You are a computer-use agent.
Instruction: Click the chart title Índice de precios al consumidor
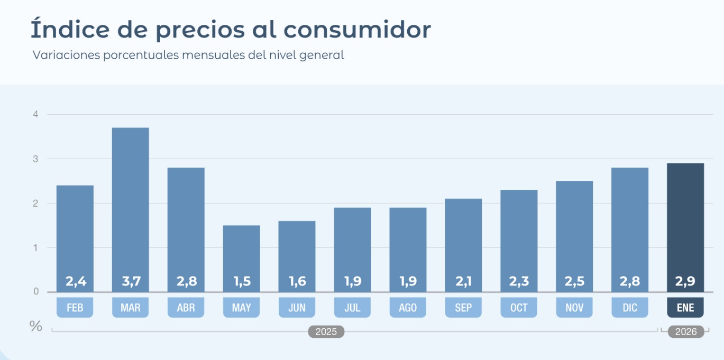[x=231, y=30]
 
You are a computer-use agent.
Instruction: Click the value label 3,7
[x=131, y=282]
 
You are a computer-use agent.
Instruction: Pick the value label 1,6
[x=297, y=282]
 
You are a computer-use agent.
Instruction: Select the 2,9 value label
[x=685, y=282]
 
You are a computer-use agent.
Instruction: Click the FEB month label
[x=75, y=308]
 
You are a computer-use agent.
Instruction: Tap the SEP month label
[x=463, y=308]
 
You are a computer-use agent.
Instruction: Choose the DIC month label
[x=630, y=308]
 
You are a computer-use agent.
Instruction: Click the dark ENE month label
[x=685, y=308]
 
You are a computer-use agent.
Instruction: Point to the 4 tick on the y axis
[x=35, y=114]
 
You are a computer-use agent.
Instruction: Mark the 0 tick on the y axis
[x=35, y=292]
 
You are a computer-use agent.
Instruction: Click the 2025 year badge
[x=326, y=332]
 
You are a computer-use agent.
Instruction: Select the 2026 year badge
[x=686, y=332]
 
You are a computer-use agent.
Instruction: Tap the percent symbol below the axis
[x=35, y=326]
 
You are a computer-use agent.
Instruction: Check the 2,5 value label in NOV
[x=574, y=282]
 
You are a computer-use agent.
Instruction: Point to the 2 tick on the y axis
[x=35, y=203]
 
